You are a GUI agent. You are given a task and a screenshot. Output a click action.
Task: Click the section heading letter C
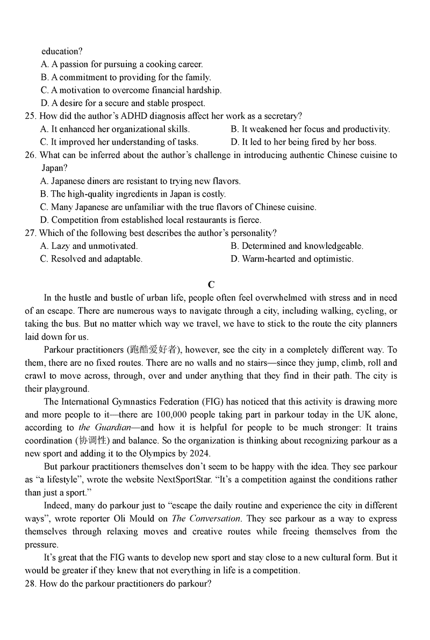pyautogui.click(x=211, y=285)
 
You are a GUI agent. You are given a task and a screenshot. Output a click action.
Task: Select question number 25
pyautogui.click(x=31, y=116)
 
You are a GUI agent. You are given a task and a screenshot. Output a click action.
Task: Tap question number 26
pyautogui.click(x=31, y=155)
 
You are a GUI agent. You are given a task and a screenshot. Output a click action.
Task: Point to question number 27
pyautogui.click(x=31, y=233)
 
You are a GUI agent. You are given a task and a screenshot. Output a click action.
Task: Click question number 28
pyautogui.click(x=31, y=584)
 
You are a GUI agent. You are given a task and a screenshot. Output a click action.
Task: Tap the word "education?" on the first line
pyautogui.click(x=62, y=52)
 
